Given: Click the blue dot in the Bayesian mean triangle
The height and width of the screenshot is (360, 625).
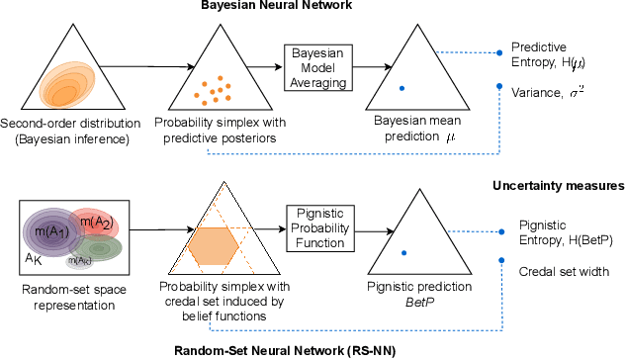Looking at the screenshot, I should pyautogui.click(x=402, y=89).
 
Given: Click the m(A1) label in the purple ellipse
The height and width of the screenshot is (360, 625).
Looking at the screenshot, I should pyautogui.click(x=51, y=230).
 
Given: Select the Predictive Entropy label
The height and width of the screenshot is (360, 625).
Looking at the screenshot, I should pyautogui.click(x=548, y=55).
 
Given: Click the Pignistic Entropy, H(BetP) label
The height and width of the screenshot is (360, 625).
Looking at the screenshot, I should pyautogui.click(x=554, y=234).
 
